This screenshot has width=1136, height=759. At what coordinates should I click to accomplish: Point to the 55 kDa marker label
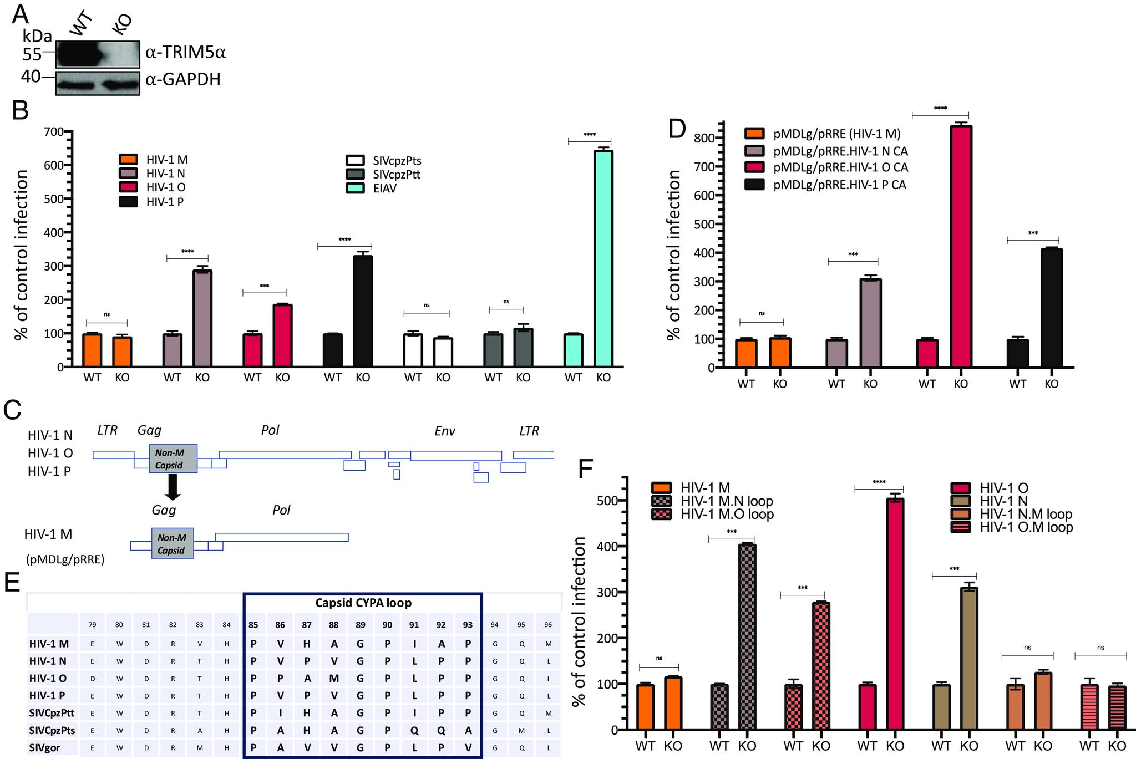[x=32, y=54]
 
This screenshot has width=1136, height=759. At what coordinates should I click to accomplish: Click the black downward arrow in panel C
[x=173, y=487]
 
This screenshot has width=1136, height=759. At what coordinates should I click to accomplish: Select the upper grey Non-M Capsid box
[x=173, y=459]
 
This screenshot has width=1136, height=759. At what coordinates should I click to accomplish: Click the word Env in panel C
[x=445, y=431]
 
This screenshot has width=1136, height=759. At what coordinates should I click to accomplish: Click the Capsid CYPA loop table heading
[x=363, y=603]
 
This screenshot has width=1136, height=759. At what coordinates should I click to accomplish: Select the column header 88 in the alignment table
[x=334, y=625]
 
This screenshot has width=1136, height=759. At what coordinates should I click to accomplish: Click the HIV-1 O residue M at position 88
[x=334, y=678]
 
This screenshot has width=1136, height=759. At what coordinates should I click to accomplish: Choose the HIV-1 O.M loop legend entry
[x=1026, y=527]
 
